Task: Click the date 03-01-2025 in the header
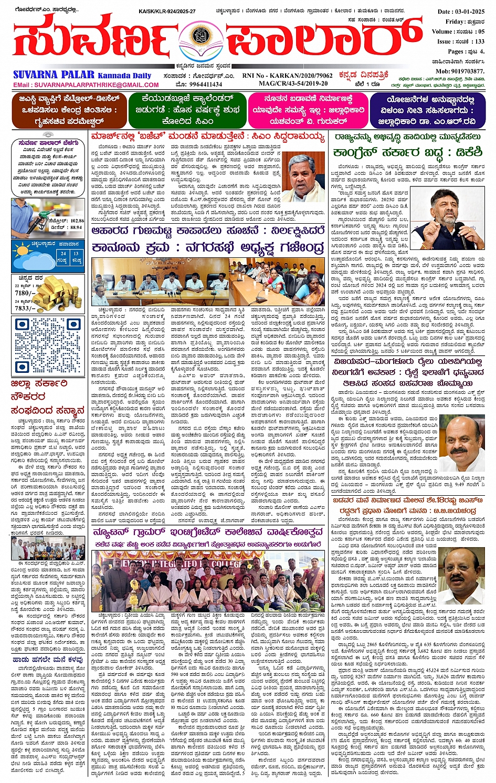click(x=470, y=12)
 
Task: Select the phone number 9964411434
click(x=206, y=84)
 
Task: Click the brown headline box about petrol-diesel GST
click(x=69, y=110)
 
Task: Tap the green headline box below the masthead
click(x=186, y=110)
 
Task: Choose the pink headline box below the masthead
click(x=308, y=110)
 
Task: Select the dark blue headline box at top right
click(x=427, y=110)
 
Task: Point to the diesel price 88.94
click(x=76, y=227)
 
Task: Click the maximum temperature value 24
click(x=63, y=253)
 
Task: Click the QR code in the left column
click(x=47, y=344)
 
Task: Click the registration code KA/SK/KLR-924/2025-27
click(x=167, y=11)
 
